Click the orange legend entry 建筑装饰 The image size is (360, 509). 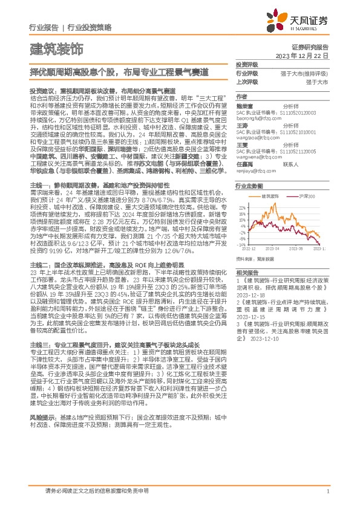click(269, 196)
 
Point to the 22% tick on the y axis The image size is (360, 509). click(243, 207)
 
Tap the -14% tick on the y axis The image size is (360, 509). click(242, 244)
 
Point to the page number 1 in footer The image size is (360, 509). click(327, 492)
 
